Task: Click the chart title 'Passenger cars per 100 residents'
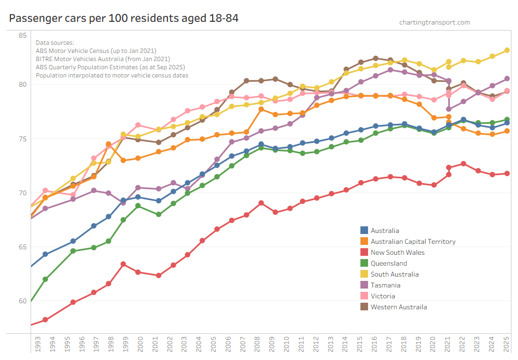click(x=124, y=18)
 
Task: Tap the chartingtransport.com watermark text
click(x=434, y=22)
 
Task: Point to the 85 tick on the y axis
click(x=22, y=36)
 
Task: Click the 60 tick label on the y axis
click(x=22, y=301)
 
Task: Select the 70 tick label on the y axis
click(x=22, y=193)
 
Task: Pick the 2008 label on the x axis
click(x=261, y=345)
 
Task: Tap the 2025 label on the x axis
click(x=507, y=345)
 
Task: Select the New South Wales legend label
click(x=397, y=253)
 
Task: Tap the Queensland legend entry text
click(x=389, y=263)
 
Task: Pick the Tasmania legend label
click(x=386, y=285)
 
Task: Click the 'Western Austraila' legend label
click(x=399, y=307)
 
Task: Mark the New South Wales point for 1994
click(x=45, y=320)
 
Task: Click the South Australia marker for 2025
click(x=507, y=50)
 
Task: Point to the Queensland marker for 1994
click(x=45, y=279)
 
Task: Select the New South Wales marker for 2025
click(x=507, y=173)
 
